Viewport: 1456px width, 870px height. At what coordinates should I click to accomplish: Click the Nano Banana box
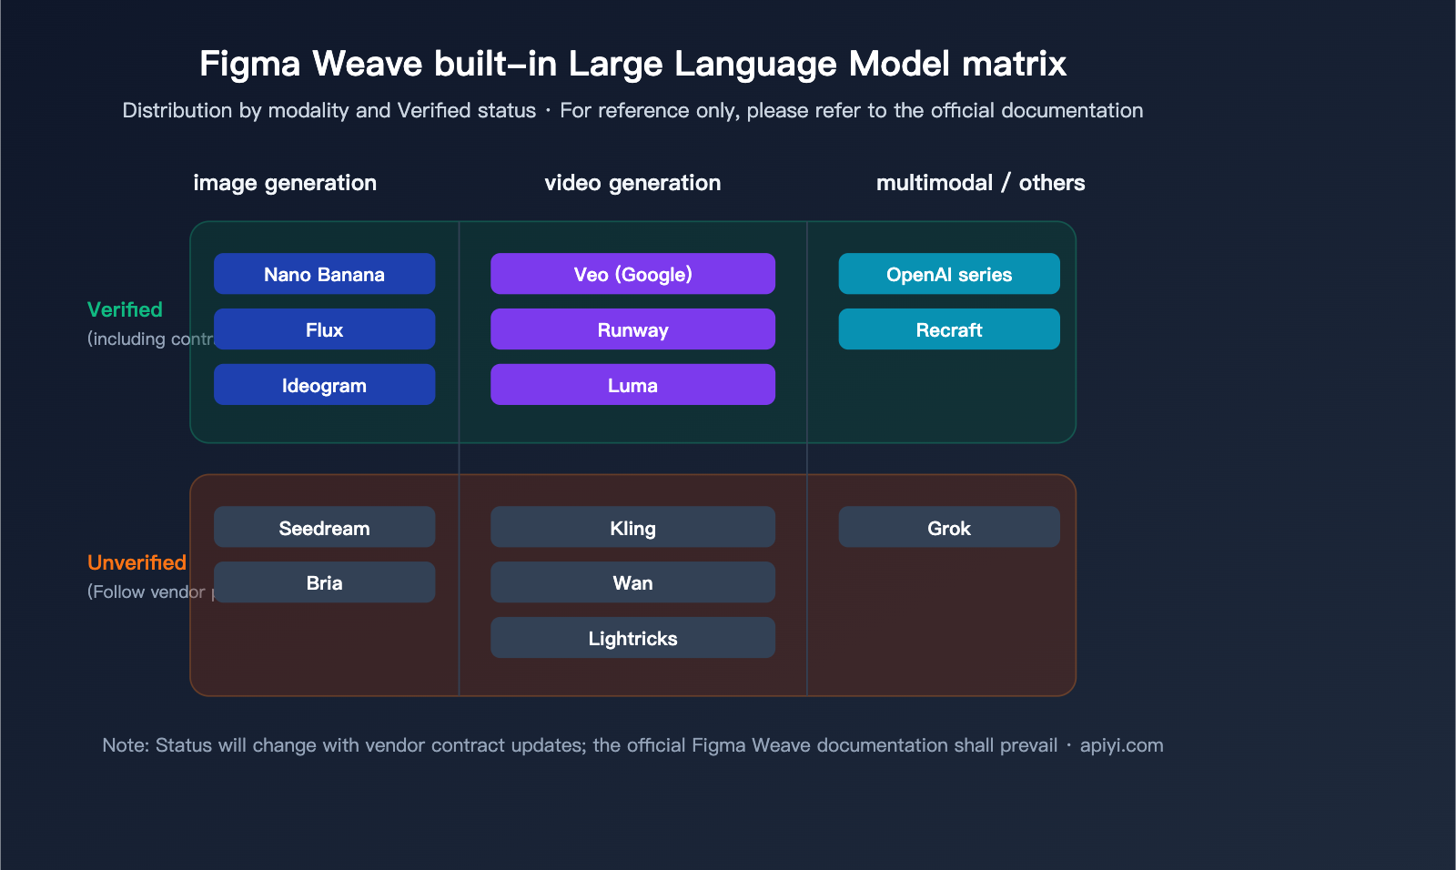pos(324,274)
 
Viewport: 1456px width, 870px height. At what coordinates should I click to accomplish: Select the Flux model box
pos(324,329)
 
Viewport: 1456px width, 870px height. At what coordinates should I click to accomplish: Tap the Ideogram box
pos(324,385)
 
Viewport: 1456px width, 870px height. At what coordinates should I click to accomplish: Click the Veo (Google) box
pos(632,274)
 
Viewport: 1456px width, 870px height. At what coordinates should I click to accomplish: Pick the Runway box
pos(632,329)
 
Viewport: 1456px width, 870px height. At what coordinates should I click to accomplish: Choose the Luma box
pos(632,385)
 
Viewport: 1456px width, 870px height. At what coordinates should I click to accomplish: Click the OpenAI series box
pos(949,274)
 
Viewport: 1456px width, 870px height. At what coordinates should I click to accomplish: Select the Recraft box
pos(949,329)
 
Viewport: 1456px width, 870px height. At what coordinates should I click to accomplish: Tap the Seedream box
pos(324,527)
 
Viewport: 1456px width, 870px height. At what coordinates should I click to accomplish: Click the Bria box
pos(324,582)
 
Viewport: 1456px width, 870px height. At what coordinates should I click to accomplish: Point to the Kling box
pos(632,527)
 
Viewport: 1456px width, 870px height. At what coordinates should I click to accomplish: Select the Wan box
pos(632,582)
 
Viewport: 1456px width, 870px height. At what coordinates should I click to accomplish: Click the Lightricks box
pos(632,638)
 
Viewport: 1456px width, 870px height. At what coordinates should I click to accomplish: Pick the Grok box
pos(949,527)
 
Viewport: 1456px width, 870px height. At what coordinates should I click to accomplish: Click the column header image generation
pos(285,183)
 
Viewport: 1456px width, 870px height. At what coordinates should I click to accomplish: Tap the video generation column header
pos(632,183)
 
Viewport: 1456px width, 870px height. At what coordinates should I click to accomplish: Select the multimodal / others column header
pos(980,183)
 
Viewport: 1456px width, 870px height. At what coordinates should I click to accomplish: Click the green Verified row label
pos(125,309)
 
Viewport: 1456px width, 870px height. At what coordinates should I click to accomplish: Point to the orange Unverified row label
pos(136,562)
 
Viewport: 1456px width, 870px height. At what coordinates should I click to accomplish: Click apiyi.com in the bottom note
pos(1121,745)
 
